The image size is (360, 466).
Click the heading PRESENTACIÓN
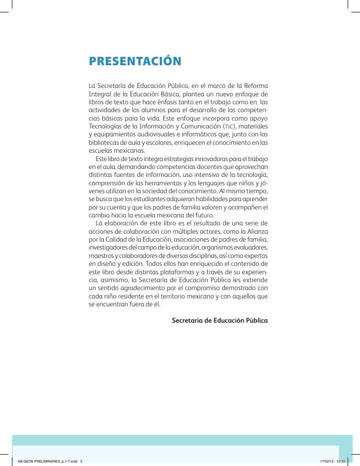[135, 62]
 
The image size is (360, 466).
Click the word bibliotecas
[104, 142]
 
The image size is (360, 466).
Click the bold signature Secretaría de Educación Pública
[219, 320]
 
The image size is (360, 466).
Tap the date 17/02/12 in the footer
[327, 461]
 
